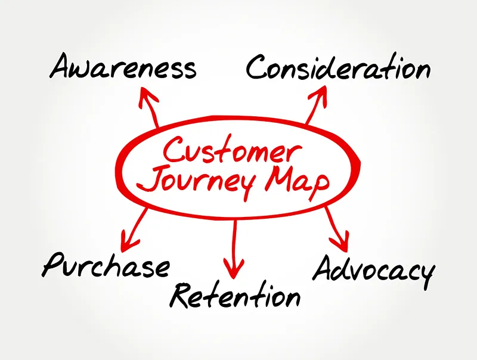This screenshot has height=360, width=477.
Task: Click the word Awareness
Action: [122, 67]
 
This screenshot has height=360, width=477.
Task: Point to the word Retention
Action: [235, 295]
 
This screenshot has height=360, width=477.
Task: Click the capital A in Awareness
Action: [62, 66]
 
